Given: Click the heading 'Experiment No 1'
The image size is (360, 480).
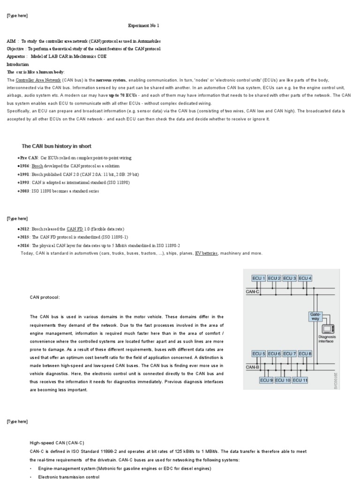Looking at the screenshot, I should (147, 26).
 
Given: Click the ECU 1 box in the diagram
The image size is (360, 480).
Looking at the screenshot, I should (259, 278).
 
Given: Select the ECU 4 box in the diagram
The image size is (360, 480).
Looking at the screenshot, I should (304, 278).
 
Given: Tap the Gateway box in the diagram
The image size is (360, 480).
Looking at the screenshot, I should (315, 316).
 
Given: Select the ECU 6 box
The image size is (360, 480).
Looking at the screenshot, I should (274, 353).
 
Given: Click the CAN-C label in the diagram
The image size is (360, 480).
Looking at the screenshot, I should (252, 291).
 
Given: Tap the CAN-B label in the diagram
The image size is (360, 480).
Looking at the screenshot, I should (253, 367).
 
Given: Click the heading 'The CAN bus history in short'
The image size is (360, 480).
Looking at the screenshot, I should (57, 146).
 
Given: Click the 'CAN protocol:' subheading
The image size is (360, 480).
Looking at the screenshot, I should (45, 297).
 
